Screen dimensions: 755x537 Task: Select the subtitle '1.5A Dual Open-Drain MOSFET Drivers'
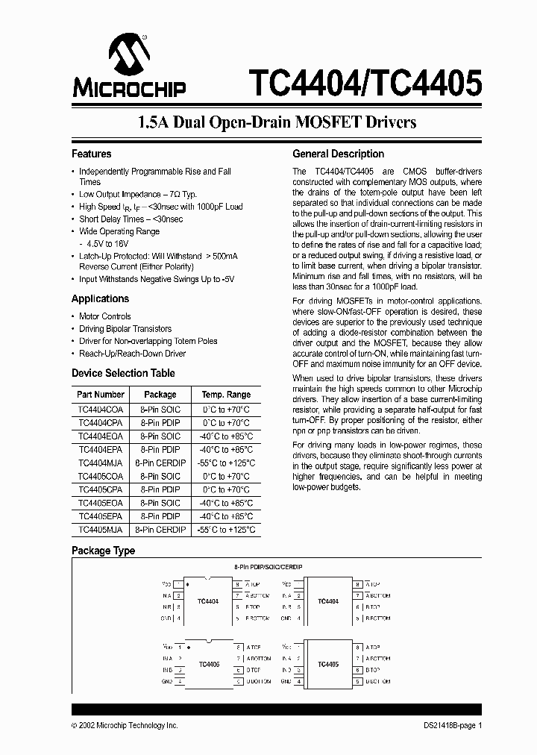pyautogui.click(x=268, y=122)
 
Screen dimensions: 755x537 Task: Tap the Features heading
pyautogui.click(x=91, y=154)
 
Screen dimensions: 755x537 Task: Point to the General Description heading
pyautogui.click(x=338, y=154)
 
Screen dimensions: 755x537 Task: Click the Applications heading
pyautogui.click(x=100, y=298)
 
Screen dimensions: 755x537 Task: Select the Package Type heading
pyautogui.click(x=103, y=551)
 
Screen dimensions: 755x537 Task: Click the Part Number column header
pyautogui.click(x=101, y=395)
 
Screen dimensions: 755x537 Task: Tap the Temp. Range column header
pyautogui.click(x=226, y=395)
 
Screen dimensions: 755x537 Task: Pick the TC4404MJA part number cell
pyautogui.click(x=101, y=463)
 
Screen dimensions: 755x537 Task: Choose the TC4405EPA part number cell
pyautogui.click(x=101, y=516)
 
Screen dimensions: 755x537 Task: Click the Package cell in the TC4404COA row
pyautogui.click(x=160, y=410)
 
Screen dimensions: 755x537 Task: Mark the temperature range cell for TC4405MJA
pyautogui.click(x=226, y=530)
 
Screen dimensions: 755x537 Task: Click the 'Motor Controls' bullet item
pyautogui.click(x=105, y=316)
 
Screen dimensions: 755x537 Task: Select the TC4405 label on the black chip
pyautogui.click(x=328, y=663)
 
